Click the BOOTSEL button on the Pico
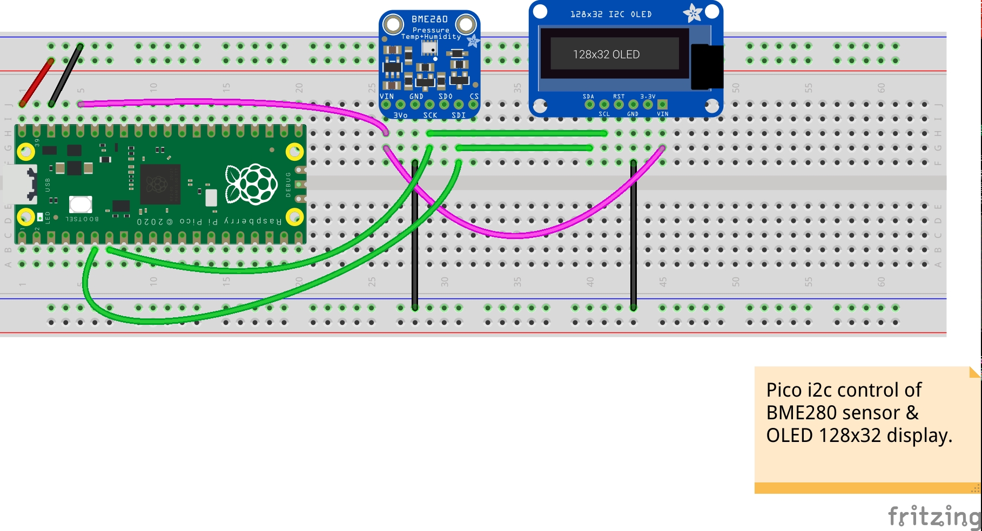pos(80,205)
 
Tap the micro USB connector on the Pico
pos(19,184)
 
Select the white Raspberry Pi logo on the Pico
pos(251,185)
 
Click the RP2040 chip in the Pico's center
pos(160,184)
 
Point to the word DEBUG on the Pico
pos(288,185)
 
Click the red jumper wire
pos(37,82)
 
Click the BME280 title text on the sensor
pos(429,19)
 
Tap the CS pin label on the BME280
pos(474,97)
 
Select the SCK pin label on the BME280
pos(430,115)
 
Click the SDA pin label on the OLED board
pos(588,97)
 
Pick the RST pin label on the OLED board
pos(618,97)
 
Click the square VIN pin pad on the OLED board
pos(662,104)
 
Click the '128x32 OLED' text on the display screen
pos(606,55)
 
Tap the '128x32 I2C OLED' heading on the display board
pos(611,14)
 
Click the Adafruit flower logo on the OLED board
pos(692,13)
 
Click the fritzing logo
pos(934,516)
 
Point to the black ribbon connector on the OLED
pos(707,67)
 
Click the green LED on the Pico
pos(40,217)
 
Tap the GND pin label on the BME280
pos(416,97)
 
